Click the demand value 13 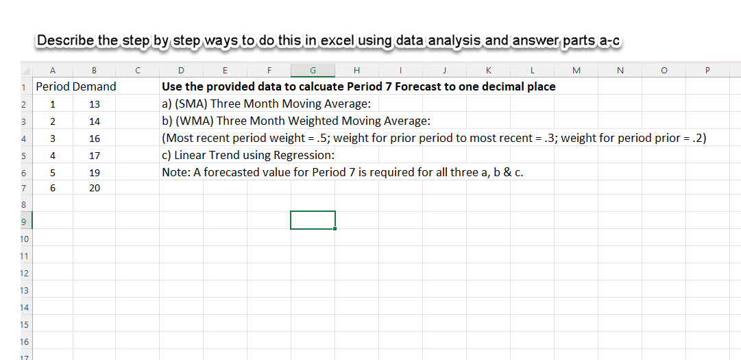coord(95,104)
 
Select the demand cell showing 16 coord(95,139)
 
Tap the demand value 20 coord(95,188)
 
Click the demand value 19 coord(95,172)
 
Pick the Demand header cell coord(95,87)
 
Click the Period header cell coord(53,87)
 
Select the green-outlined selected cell coord(313,220)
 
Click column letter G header coord(313,70)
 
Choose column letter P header coord(707,70)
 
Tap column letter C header coord(138,70)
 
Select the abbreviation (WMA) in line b coord(193,121)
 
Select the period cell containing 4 coord(53,156)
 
